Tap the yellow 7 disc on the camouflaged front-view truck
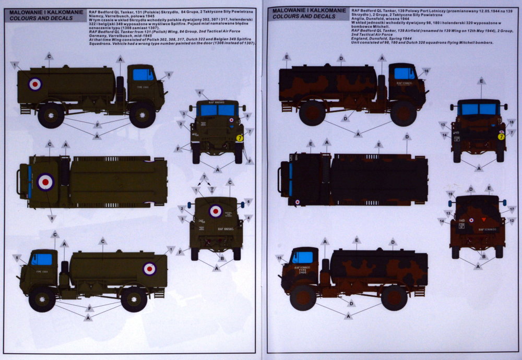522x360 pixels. coord(501,137)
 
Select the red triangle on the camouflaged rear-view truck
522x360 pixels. coord(482,220)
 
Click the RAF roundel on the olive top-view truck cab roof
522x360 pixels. coord(45,182)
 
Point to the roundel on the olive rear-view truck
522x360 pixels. coord(215,211)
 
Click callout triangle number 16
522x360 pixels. coord(426,71)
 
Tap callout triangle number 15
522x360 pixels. coord(279,258)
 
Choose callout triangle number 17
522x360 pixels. coord(512,209)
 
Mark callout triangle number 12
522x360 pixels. coord(512,221)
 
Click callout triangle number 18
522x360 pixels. coord(511,122)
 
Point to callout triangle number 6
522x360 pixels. coord(248,201)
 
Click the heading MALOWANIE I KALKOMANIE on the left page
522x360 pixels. coord(30,10)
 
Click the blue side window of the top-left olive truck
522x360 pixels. coord(143,75)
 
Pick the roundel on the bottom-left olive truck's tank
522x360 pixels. coord(150,269)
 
